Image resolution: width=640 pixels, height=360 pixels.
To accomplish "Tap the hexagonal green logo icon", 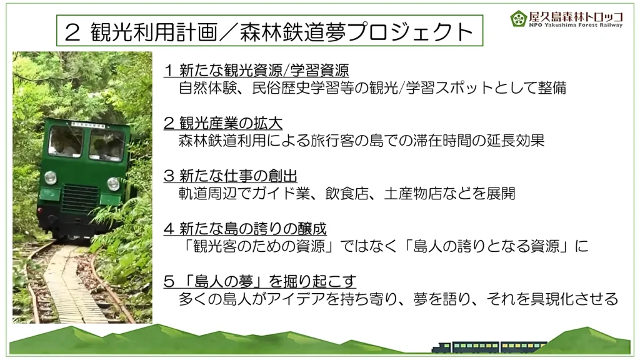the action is point(518,18).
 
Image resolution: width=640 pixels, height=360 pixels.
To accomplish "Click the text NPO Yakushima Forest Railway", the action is point(576,25).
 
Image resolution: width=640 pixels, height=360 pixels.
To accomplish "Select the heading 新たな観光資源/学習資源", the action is point(264,70).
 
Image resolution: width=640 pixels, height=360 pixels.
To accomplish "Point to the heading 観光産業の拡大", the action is point(231,123).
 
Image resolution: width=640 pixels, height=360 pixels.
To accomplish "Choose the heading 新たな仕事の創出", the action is point(238,176).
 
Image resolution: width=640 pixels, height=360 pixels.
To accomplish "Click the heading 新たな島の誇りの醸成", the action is point(252,228).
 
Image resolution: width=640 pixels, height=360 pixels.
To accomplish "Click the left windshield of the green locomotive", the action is point(65,141).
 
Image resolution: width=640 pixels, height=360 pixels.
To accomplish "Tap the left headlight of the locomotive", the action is point(50,177).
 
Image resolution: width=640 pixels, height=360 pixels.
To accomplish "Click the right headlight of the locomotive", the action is point(113,184).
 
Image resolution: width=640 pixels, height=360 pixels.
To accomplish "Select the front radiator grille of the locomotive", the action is point(80,199).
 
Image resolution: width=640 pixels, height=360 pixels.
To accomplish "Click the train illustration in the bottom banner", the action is point(490,347).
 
